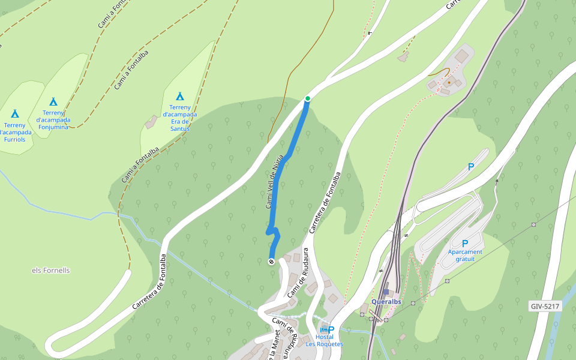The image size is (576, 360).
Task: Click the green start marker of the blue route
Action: click(308, 98)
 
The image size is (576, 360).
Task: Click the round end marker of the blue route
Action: click(271, 262)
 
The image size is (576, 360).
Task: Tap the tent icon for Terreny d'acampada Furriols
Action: click(15, 113)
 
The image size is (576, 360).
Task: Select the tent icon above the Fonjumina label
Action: click(53, 101)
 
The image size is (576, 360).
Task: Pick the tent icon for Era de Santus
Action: click(180, 96)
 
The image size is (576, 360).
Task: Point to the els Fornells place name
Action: click(51, 271)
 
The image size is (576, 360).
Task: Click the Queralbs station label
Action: click(386, 302)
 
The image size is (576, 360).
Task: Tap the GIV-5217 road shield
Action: click(545, 307)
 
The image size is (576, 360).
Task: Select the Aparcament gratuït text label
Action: click(465, 256)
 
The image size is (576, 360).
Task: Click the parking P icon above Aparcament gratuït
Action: click(465, 244)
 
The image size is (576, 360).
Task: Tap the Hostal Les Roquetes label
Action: click(324, 341)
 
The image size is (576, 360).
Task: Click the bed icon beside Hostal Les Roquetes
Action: click(323, 329)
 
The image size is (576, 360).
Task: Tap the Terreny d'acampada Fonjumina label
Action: click(53, 119)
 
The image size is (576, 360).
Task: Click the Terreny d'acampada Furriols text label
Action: click(15, 131)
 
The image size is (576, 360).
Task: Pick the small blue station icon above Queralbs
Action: click(386, 292)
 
